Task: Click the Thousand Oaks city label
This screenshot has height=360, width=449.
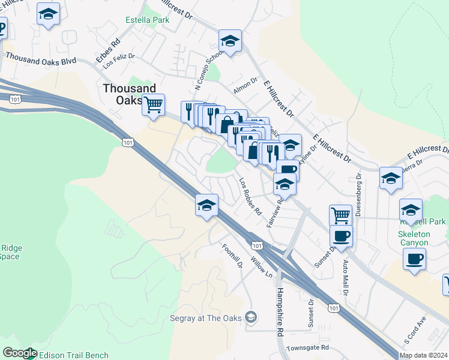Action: pos(128,94)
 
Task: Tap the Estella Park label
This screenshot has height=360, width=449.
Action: pos(147,20)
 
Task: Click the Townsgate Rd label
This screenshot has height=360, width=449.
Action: pos(308,347)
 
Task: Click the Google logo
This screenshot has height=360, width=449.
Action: pos(19,353)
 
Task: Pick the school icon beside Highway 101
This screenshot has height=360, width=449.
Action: pos(206,205)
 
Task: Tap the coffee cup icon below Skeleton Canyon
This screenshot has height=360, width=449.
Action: pos(414,260)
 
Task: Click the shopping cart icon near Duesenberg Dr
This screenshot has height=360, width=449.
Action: pos(340,214)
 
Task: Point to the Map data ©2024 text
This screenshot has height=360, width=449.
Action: pos(423,355)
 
